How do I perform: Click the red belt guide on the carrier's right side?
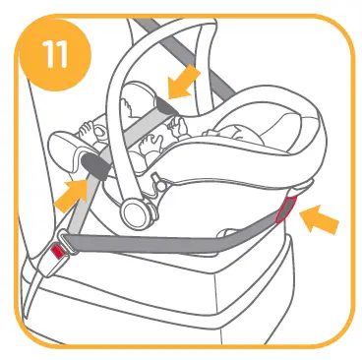click(286, 207)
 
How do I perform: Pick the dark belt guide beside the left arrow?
click(93, 167)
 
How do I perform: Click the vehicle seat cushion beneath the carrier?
click(197, 295)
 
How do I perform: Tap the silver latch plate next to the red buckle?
click(70, 239)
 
